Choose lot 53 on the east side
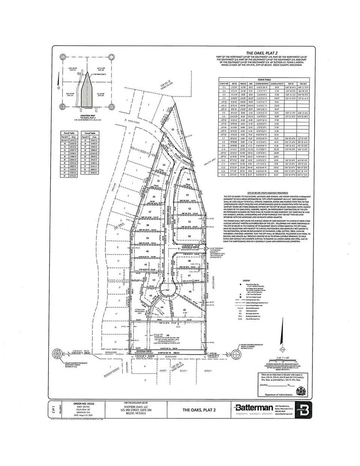[x=188, y=195]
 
